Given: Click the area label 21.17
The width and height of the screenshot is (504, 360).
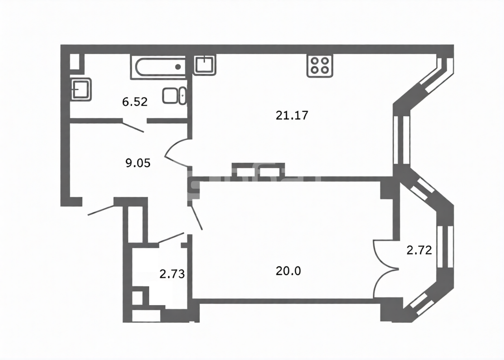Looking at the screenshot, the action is [292, 115].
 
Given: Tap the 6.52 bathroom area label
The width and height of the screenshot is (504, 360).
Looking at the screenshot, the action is [135, 102].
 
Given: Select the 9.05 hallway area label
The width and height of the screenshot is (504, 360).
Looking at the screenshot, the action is [138, 163].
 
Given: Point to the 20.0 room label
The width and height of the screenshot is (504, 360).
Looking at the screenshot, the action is [288, 271].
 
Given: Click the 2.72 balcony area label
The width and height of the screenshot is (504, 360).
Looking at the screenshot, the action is [419, 250].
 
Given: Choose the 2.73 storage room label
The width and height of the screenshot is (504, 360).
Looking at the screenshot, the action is [172, 274].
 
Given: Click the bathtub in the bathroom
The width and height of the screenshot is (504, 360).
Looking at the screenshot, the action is [158, 67].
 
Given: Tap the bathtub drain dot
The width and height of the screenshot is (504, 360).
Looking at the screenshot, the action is [178, 67].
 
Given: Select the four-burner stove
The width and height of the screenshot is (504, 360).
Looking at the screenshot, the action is [320, 66].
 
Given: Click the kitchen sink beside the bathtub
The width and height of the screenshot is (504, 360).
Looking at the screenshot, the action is [204, 65].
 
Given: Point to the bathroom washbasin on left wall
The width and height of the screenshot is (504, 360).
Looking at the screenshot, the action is [81, 89].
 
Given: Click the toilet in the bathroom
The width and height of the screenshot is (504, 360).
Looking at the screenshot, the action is [174, 96].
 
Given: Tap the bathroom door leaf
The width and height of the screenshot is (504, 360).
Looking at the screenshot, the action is [133, 128].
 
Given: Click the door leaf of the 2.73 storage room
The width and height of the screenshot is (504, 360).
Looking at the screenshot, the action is [171, 238].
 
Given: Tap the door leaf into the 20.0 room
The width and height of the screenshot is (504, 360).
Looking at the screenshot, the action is [196, 218].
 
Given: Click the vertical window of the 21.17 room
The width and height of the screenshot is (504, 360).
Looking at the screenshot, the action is [402, 140].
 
